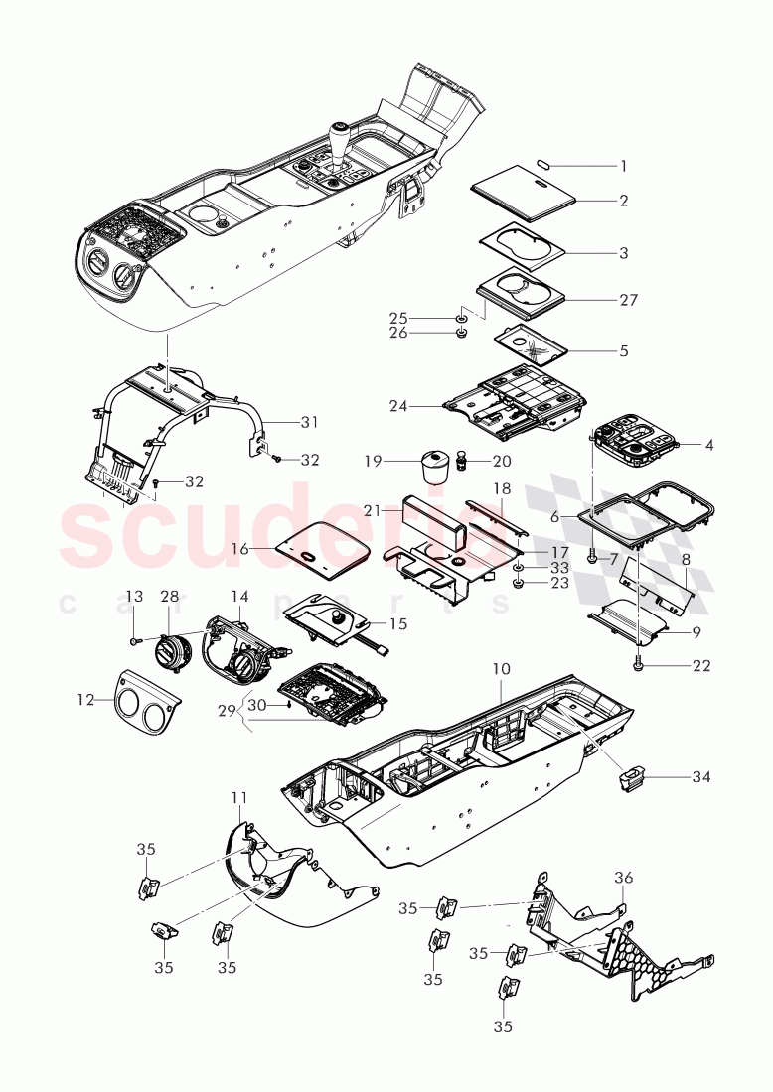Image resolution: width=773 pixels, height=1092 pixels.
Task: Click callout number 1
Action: [x=623, y=165]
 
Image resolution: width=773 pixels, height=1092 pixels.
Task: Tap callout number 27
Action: [x=628, y=299]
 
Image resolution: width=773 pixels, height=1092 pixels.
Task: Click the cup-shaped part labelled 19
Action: [x=433, y=464]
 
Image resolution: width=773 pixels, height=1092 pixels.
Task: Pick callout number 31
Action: [x=309, y=422]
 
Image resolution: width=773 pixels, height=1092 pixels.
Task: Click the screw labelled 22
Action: [x=639, y=666]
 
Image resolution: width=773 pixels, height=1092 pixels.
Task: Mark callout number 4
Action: [x=708, y=444]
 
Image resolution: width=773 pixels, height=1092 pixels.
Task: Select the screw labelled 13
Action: [x=135, y=642]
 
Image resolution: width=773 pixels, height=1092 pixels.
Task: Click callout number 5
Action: [x=623, y=350]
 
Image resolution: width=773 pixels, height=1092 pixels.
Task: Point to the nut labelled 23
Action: [x=519, y=583]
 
